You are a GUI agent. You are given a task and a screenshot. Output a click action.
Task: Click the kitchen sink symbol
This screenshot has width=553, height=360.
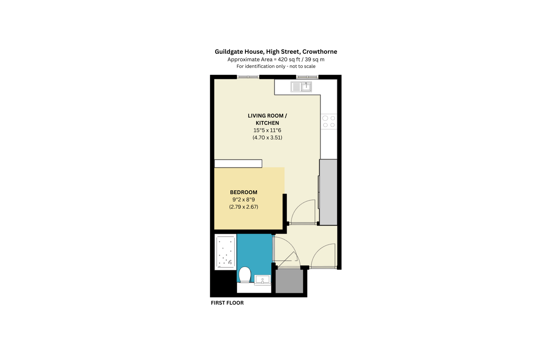[301, 87]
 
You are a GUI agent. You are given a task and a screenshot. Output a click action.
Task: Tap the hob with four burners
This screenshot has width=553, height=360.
[329, 122]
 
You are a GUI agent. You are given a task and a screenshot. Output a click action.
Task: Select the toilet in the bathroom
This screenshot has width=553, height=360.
[245, 275]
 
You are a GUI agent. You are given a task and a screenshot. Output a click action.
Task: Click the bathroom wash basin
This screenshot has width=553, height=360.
[263, 279]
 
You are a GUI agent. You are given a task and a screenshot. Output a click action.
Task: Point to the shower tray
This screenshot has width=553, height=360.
[226, 252]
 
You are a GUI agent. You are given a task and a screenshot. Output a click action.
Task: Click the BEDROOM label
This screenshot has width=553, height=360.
[244, 192]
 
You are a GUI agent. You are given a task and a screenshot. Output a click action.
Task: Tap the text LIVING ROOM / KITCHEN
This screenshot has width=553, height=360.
[267, 119]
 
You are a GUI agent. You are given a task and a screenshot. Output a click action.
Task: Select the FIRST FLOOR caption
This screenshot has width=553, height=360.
[227, 303]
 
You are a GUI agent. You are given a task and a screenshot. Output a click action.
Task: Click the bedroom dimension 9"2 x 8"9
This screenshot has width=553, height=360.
[244, 200]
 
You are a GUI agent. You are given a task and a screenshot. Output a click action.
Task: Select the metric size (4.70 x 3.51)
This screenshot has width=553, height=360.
[267, 137]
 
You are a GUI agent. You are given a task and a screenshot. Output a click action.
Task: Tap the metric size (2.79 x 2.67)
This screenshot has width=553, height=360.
[244, 207]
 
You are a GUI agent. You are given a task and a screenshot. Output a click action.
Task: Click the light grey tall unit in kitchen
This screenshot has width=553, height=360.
[328, 192]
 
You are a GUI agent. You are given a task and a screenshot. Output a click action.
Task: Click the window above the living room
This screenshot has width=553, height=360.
[248, 77]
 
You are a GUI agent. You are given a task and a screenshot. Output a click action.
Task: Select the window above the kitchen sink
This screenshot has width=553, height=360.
[307, 77]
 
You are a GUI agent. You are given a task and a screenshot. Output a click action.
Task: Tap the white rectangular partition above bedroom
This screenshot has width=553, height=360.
[238, 163]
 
